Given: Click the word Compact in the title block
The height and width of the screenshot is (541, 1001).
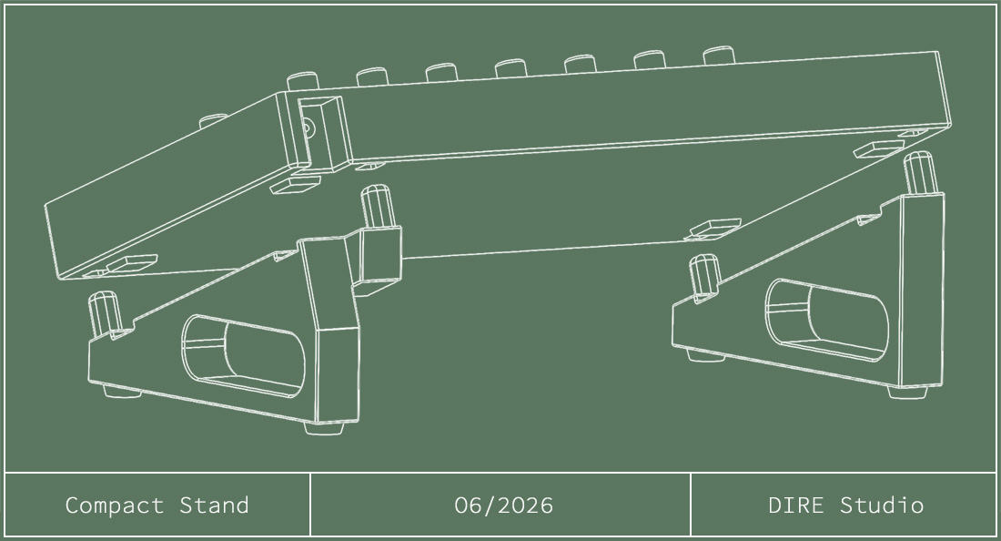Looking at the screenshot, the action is pyautogui.click(x=115, y=505).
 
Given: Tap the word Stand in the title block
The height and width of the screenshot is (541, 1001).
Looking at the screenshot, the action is pyautogui.click(x=214, y=505).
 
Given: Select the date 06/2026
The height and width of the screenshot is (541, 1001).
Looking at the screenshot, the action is pyautogui.click(x=503, y=505).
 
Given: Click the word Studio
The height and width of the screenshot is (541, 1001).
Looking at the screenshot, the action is pyautogui.click(x=882, y=505).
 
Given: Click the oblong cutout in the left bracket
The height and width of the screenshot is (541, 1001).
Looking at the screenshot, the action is pyautogui.click(x=243, y=356).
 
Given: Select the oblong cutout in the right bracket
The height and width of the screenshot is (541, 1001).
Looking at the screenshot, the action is pyautogui.click(x=826, y=319).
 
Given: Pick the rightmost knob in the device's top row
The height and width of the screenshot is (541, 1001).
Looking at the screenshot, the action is pyautogui.click(x=719, y=55).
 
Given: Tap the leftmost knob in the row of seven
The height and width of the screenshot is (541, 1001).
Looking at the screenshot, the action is pyautogui.click(x=303, y=81).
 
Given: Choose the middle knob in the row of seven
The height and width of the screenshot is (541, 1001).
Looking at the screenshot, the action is pyautogui.click(x=511, y=67).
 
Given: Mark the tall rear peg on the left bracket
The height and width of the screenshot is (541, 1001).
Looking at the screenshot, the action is pyautogui.click(x=376, y=207).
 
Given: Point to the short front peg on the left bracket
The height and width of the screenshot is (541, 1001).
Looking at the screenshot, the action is pyautogui.click(x=104, y=314).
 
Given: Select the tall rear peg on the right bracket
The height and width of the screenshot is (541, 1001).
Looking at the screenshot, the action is pyautogui.click(x=919, y=173).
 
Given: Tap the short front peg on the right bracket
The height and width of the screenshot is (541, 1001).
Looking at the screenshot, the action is pyautogui.click(x=704, y=275).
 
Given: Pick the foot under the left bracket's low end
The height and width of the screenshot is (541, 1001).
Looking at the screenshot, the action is pyautogui.click(x=123, y=392).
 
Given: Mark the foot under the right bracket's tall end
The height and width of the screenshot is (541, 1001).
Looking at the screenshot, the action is pyautogui.click(x=907, y=393).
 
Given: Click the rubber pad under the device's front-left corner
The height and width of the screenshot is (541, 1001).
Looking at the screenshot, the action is pyautogui.click(x=132, y=263).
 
